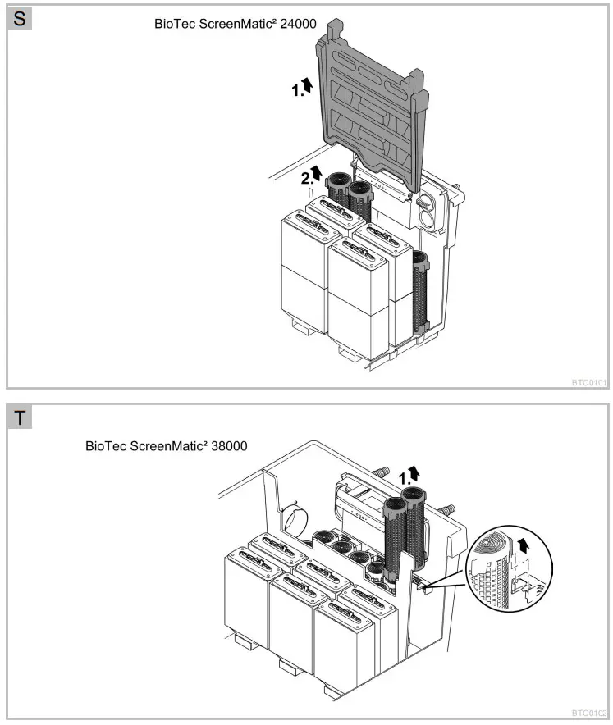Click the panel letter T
[20, 417]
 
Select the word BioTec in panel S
[173, 24]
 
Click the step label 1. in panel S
[298, 91]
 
